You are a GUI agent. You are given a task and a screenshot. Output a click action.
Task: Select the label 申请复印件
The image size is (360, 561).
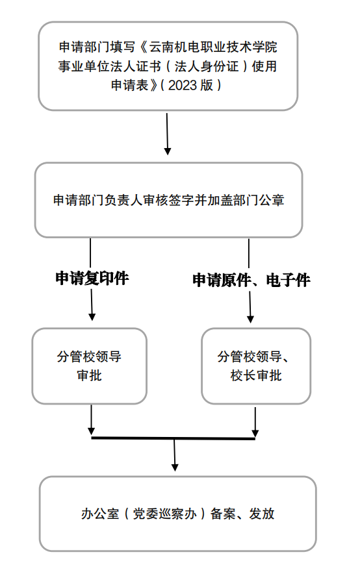92,279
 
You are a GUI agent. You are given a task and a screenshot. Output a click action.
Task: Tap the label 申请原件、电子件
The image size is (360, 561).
251,280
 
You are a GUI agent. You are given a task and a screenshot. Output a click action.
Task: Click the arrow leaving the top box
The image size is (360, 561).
167,134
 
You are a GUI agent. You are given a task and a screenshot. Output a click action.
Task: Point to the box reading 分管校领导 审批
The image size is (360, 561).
90,366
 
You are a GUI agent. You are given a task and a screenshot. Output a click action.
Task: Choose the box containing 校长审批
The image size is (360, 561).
256,366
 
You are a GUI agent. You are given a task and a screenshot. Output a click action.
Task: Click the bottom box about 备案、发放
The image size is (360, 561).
177,514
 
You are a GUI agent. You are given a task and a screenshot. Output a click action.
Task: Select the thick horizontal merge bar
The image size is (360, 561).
173,438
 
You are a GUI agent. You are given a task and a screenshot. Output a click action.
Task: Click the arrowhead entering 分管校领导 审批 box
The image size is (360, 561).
92,316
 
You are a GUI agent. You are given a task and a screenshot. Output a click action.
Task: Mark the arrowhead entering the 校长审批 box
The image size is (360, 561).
250,318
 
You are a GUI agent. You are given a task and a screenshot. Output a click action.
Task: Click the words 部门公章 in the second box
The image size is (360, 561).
261,200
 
